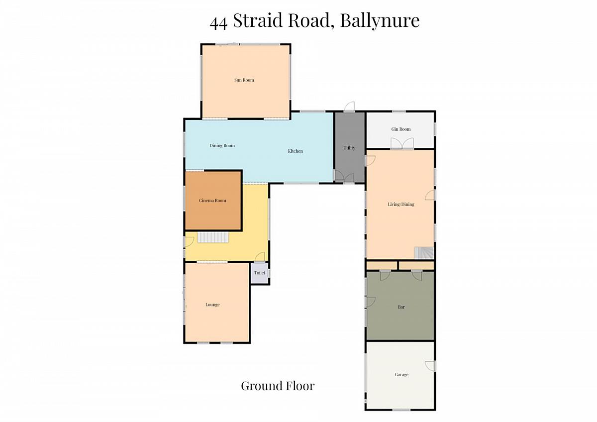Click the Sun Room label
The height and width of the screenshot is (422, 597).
point(244,80)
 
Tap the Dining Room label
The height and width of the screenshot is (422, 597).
point(222,145)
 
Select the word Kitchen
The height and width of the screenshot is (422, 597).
point(296,151)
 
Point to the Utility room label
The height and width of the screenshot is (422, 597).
point(349,148)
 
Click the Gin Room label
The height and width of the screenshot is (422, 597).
point(401,129)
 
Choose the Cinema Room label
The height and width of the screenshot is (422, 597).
point(212,201)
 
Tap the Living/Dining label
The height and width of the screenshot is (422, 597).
point(401,205)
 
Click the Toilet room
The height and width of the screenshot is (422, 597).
point(260,273)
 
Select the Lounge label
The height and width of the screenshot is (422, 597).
point(212,305)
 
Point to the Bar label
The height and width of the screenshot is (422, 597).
point(401,307)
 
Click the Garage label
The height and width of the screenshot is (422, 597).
point(401,375)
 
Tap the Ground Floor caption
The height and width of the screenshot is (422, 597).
point(278,386)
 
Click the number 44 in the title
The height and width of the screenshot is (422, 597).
point(218,23)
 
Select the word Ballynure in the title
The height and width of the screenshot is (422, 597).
point(380,21)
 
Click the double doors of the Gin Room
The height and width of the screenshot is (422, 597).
point(402,143)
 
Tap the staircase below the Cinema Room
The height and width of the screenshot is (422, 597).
point(213,237)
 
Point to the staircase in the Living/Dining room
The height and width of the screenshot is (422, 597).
point(424,253)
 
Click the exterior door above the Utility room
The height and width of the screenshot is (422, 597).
point(349,106)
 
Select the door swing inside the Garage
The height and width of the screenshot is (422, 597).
point(430,366)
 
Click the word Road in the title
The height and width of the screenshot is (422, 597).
point(311,20)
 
